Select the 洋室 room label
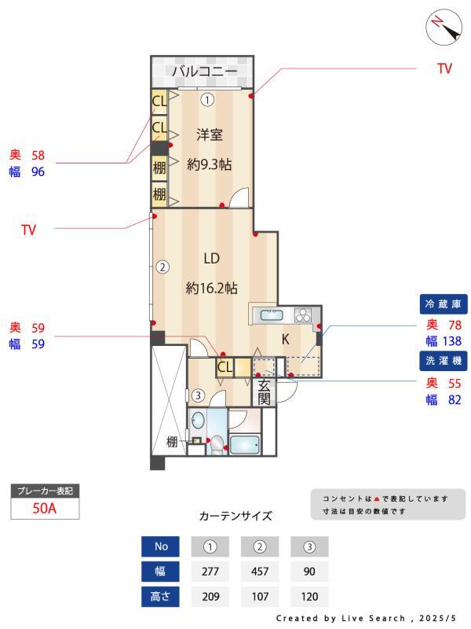pyautogui.click(x=209, y=134)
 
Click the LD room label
pyautogui.click(x=211, y=259)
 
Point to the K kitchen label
pyautogui.click(x=286, y=339)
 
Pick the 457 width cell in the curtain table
pyautogui.click(x=261, y=572)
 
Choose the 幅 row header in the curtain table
pyautogui.click(x=161, y=572)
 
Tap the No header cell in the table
pyautogui.click(x=161, y=546)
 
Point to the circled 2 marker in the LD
pyautogui.click(x=162, y=267)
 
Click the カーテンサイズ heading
pyautogui.click(x=235, y=517)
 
